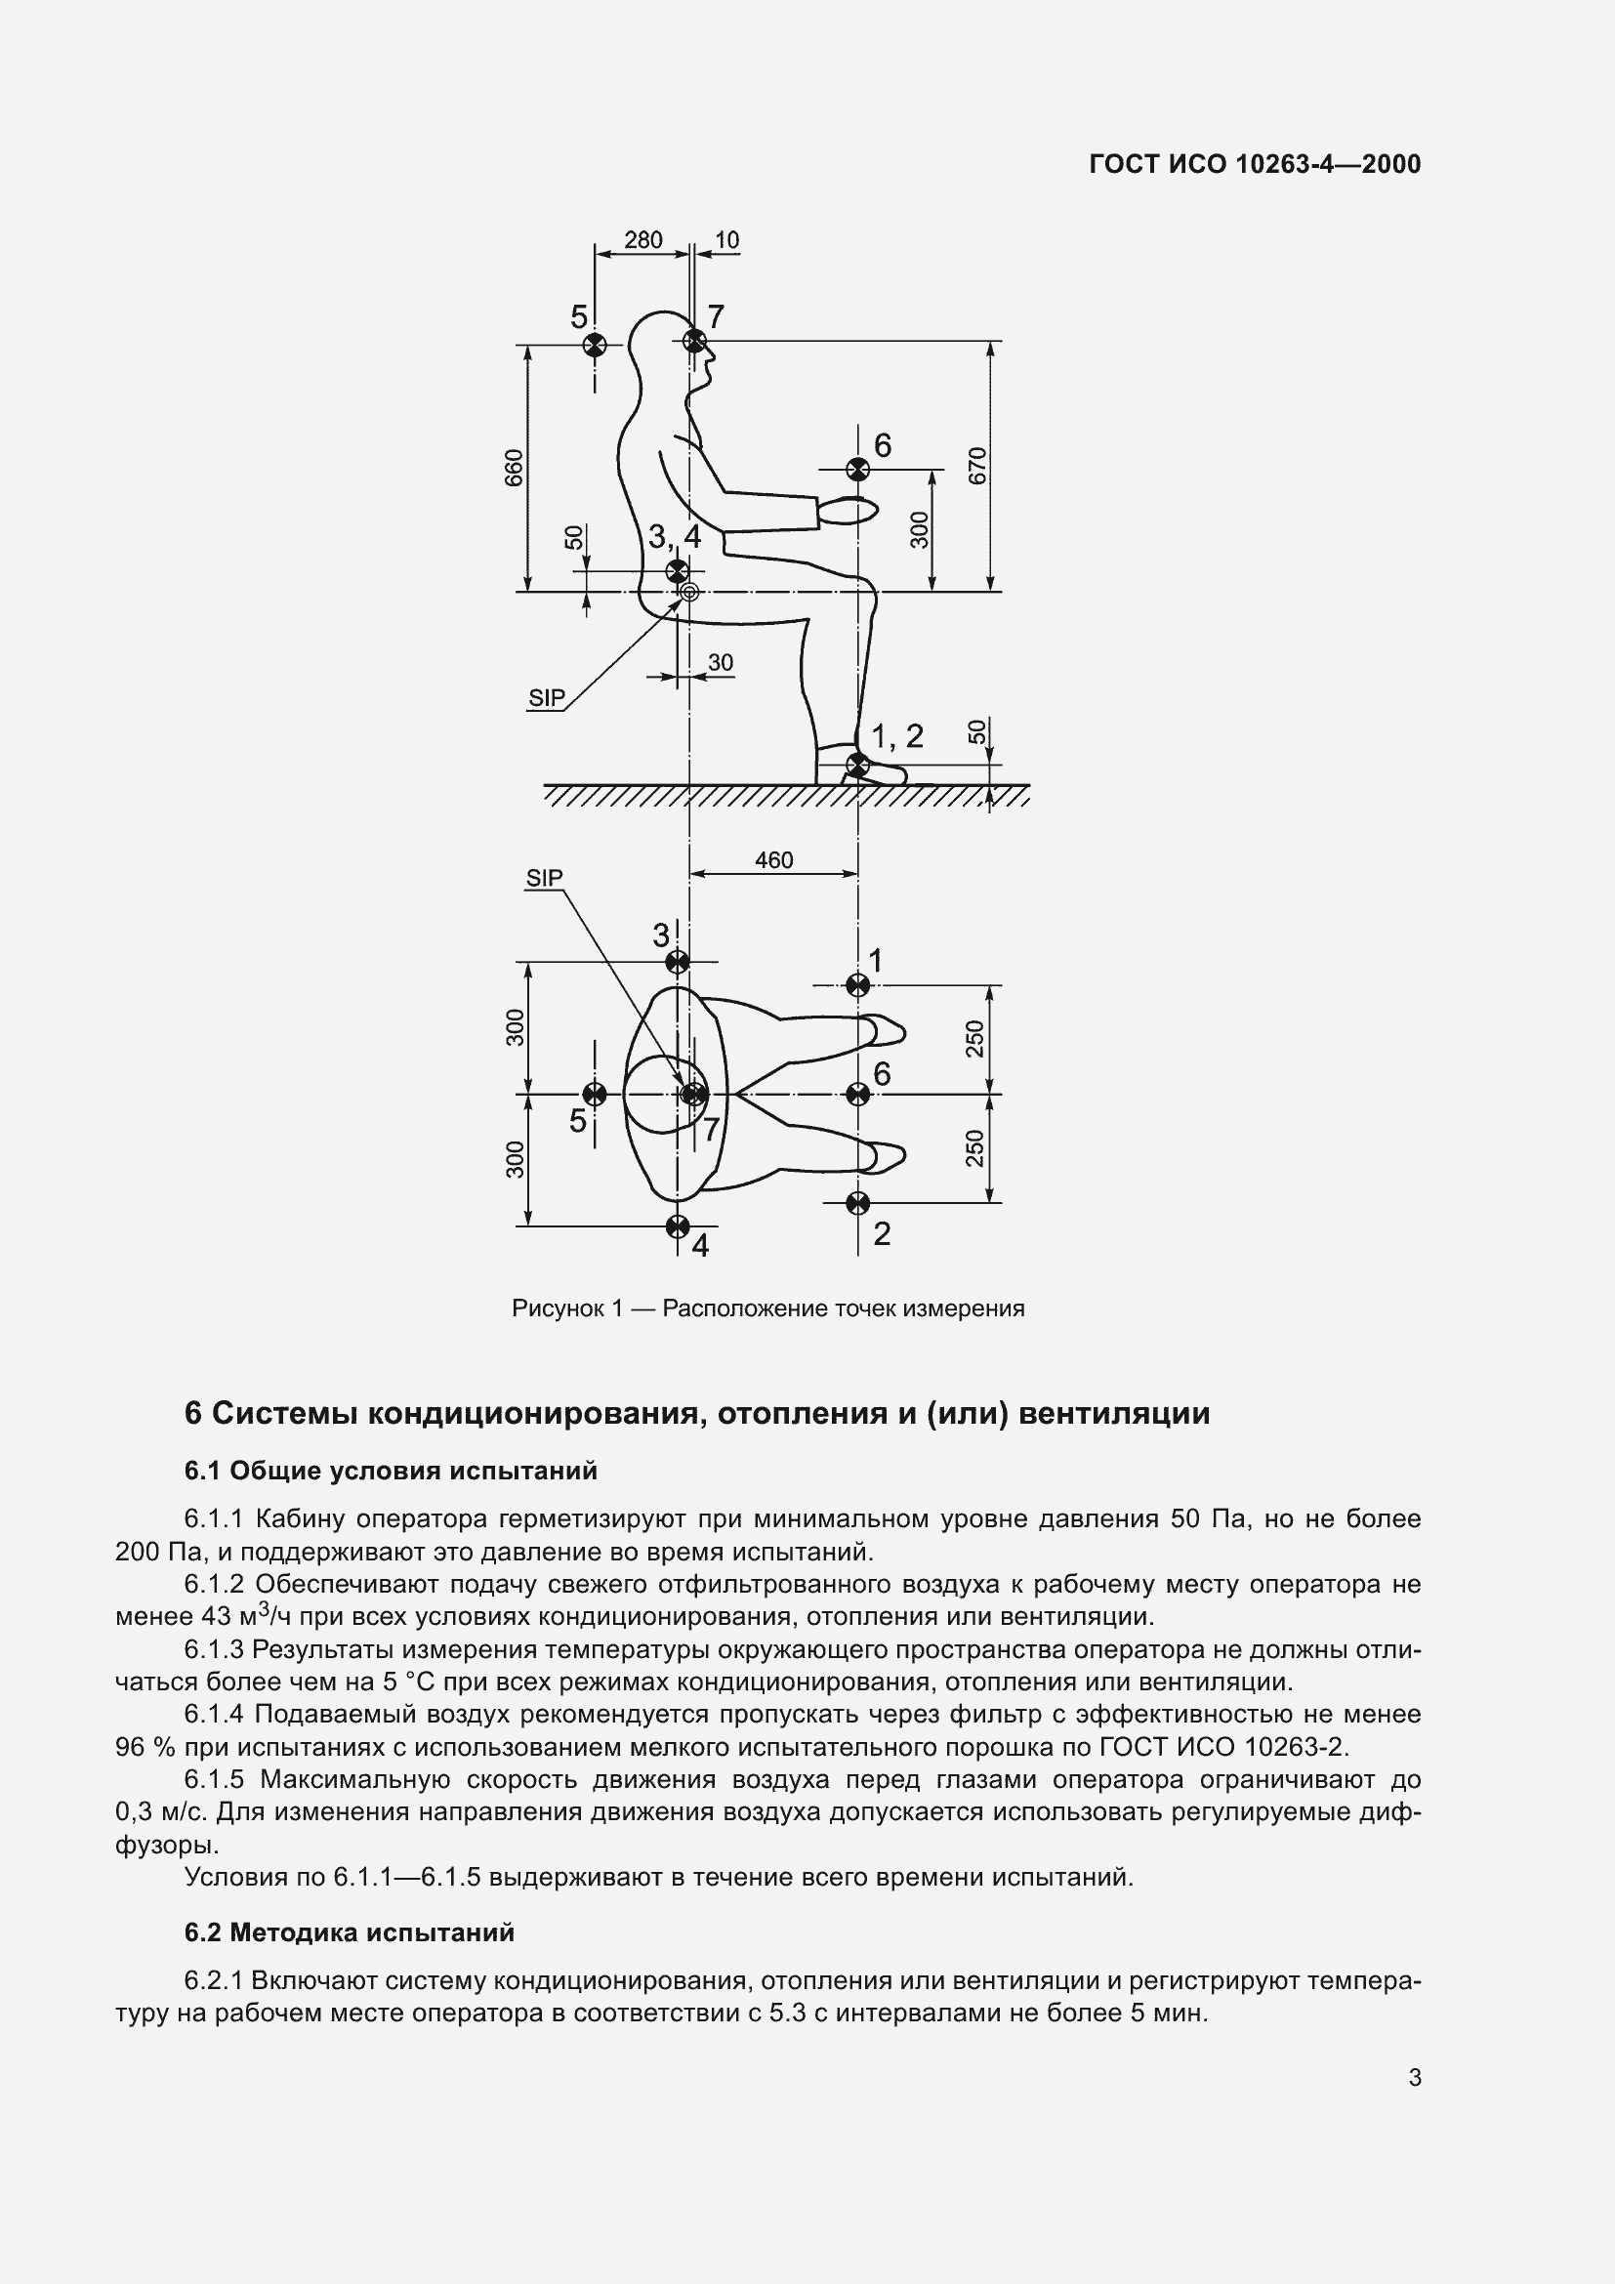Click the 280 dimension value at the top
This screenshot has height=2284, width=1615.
pyautogui.click(x=642, y=240)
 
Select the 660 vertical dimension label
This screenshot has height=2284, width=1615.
pyautogui.click(x=515, y=468)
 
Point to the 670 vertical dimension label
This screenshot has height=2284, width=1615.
pyautogui.click(x=977, y=466)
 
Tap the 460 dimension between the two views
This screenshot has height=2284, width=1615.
pyautogui.click(x=773, y=859)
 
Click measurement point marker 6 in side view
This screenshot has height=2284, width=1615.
pyautogui.click(x=856, y=469)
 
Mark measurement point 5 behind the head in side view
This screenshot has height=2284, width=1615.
pyautogui.click(x=594, y=344)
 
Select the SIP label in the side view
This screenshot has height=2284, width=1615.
pyautogui.click(x=546, y=698)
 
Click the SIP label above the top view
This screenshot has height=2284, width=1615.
pyautogui.click(x=544, y=878)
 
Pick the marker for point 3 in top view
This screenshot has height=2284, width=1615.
pyautogui.click(x=678, y=962)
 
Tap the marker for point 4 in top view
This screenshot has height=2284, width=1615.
pyautogui.click(x=678, y=1225)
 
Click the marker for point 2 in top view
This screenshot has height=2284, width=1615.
pyautogui.click(x=857, y=1203)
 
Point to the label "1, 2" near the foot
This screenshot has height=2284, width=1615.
pyautogui.click(x=897, y=736)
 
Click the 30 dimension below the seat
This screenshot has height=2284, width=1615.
pyautogui.click(x=720, y=662)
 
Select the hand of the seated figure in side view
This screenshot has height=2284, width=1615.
pyautogui.click(x=849, y=511)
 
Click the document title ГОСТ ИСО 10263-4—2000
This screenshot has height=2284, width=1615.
pyautogui.click(x=1255, y=164)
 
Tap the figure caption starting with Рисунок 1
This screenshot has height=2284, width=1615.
pyautogui.click(x=767, y=1308)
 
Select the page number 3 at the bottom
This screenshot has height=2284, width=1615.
pyautogui.click(x=1414, y=2077)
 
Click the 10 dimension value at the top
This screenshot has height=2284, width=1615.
pyautogui.click(x=727, y=240)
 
